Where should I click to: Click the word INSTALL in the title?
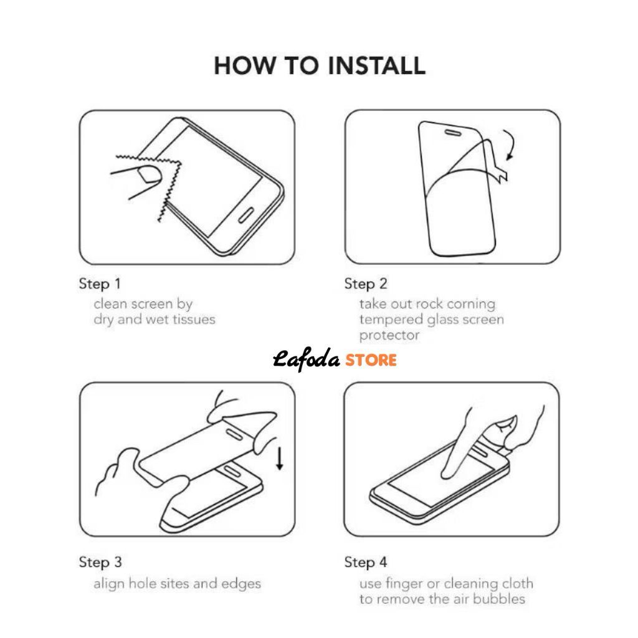pos(376,65)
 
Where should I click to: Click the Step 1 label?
pos(100,283)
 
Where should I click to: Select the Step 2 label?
pos(365,283)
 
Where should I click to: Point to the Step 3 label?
pos(100,562)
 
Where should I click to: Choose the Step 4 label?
pos(365,562)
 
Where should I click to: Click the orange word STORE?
pos(371,360)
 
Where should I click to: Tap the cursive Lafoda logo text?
pos(306,359)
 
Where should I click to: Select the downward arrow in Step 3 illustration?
pos(280,459)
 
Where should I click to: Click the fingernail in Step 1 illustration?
pos(149,174)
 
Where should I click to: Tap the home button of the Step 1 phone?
pos(246,215)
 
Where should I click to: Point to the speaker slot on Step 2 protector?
pos(453,133)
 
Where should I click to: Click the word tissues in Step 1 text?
pos(194,320)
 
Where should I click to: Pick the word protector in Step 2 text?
pos(389,336)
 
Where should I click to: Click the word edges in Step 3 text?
pos(241,584)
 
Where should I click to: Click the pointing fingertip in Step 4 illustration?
pos(447,473)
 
